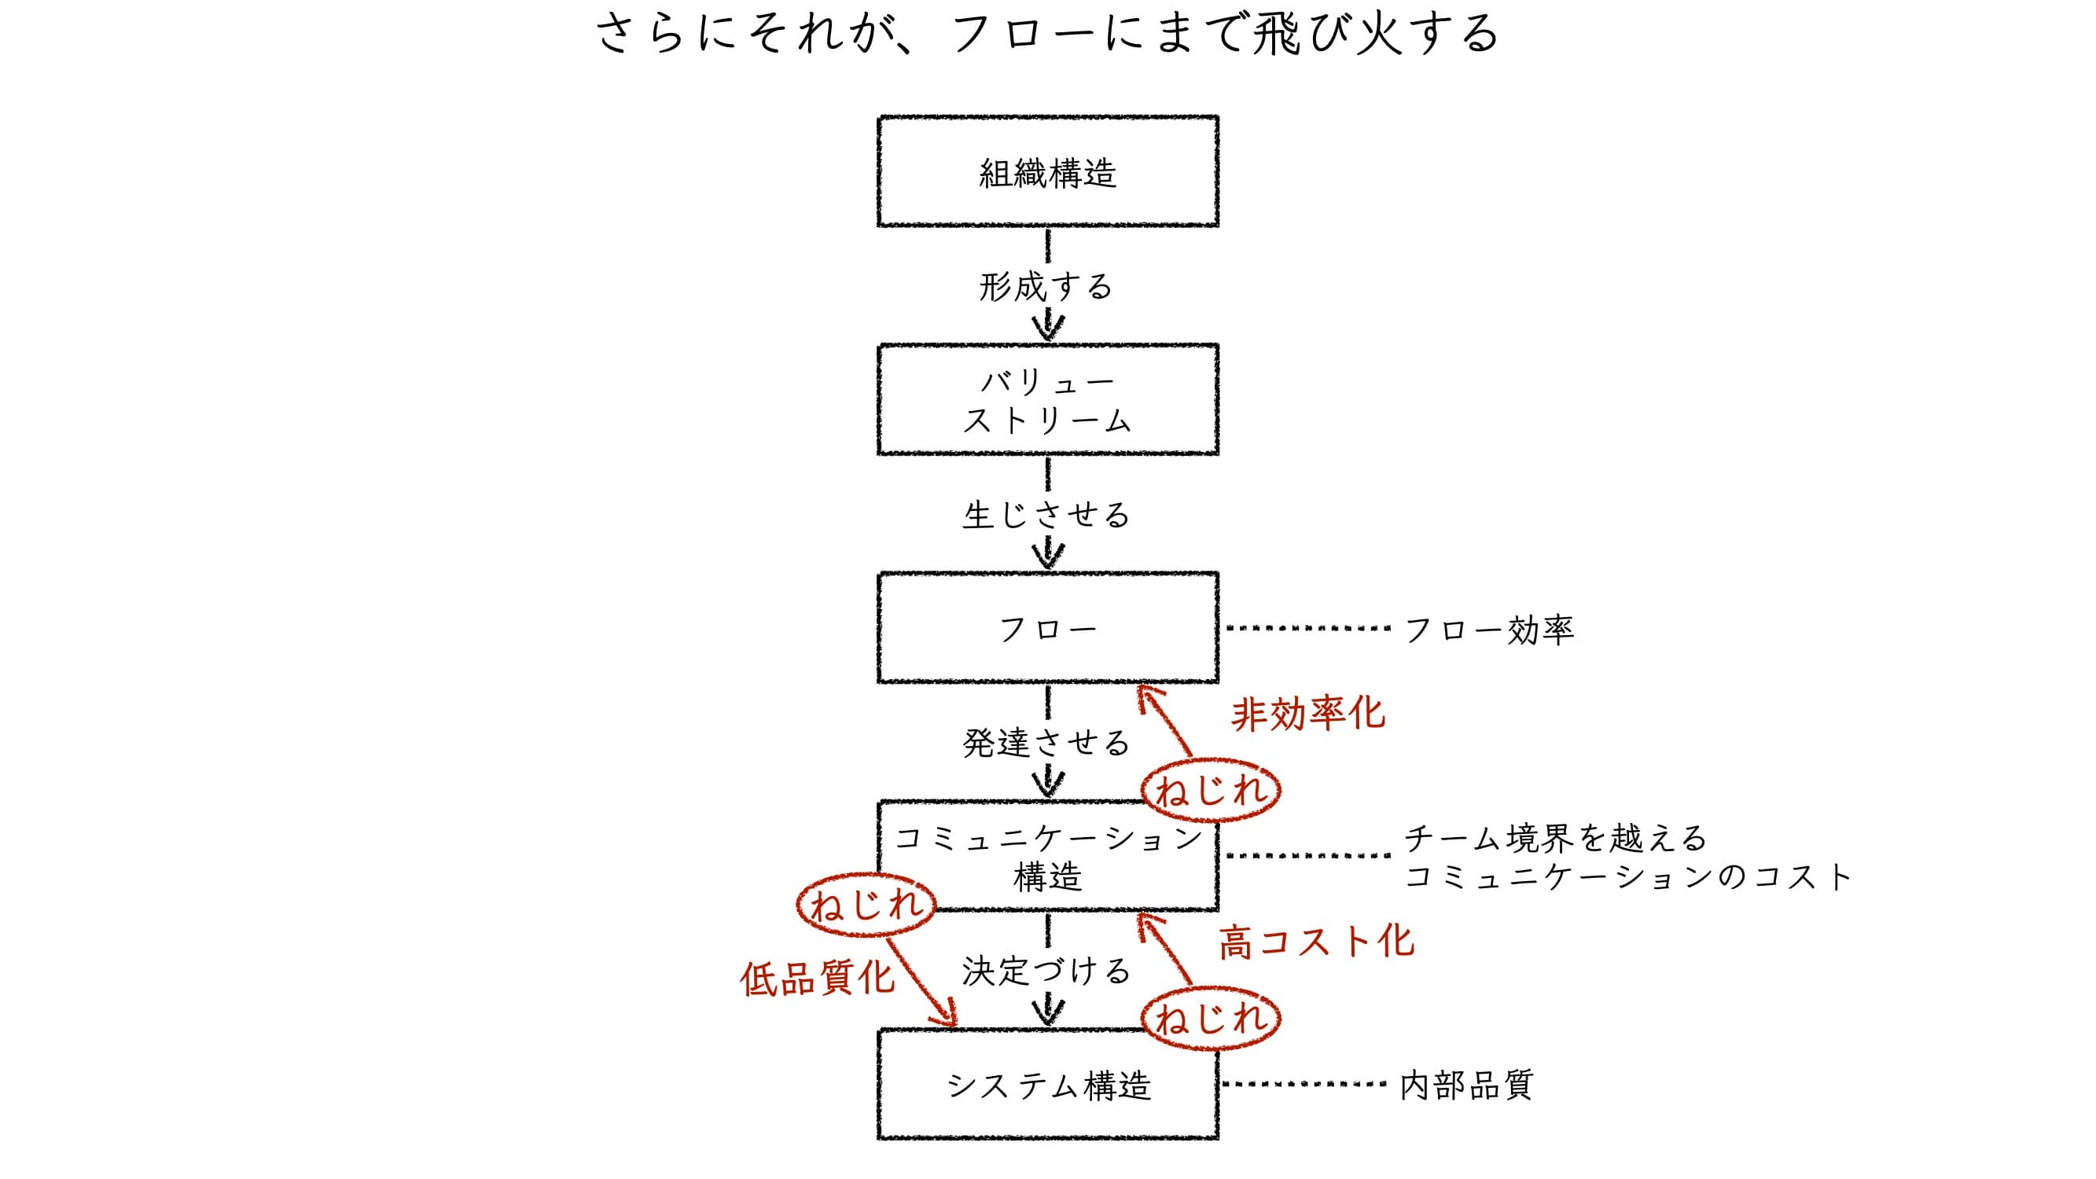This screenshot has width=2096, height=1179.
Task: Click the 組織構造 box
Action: pos(1048,171)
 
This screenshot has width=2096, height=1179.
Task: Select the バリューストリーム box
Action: pos(1048,399)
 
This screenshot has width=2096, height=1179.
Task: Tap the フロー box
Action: pos(1048,628)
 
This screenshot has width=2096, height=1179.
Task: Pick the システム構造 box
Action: pos(1048,1085)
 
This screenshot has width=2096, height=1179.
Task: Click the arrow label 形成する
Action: pos(1046,286)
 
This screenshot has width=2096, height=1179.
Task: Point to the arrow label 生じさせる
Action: pos(1046,515)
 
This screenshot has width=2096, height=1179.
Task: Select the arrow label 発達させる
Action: pos(1046,743)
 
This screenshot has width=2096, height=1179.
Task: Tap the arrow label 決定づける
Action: pos(1046,971)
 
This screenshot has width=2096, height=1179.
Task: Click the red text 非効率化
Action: pos(1307,714)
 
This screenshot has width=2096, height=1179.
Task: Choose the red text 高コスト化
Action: pos(1315,942)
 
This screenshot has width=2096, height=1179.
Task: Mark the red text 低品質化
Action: pos(817,978)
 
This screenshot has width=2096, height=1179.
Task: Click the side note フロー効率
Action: pos(1489,629)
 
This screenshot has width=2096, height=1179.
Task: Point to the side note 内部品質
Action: pos(1467,1085)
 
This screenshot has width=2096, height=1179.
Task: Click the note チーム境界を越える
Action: pos(1555,837)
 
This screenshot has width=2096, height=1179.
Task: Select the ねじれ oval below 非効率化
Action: pos(1211,790)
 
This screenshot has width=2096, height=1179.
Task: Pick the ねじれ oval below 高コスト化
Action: pos(1211,1018)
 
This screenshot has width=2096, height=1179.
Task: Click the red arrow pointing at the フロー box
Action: pos(1164,721)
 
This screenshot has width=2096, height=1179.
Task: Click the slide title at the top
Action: pos(1048,34)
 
